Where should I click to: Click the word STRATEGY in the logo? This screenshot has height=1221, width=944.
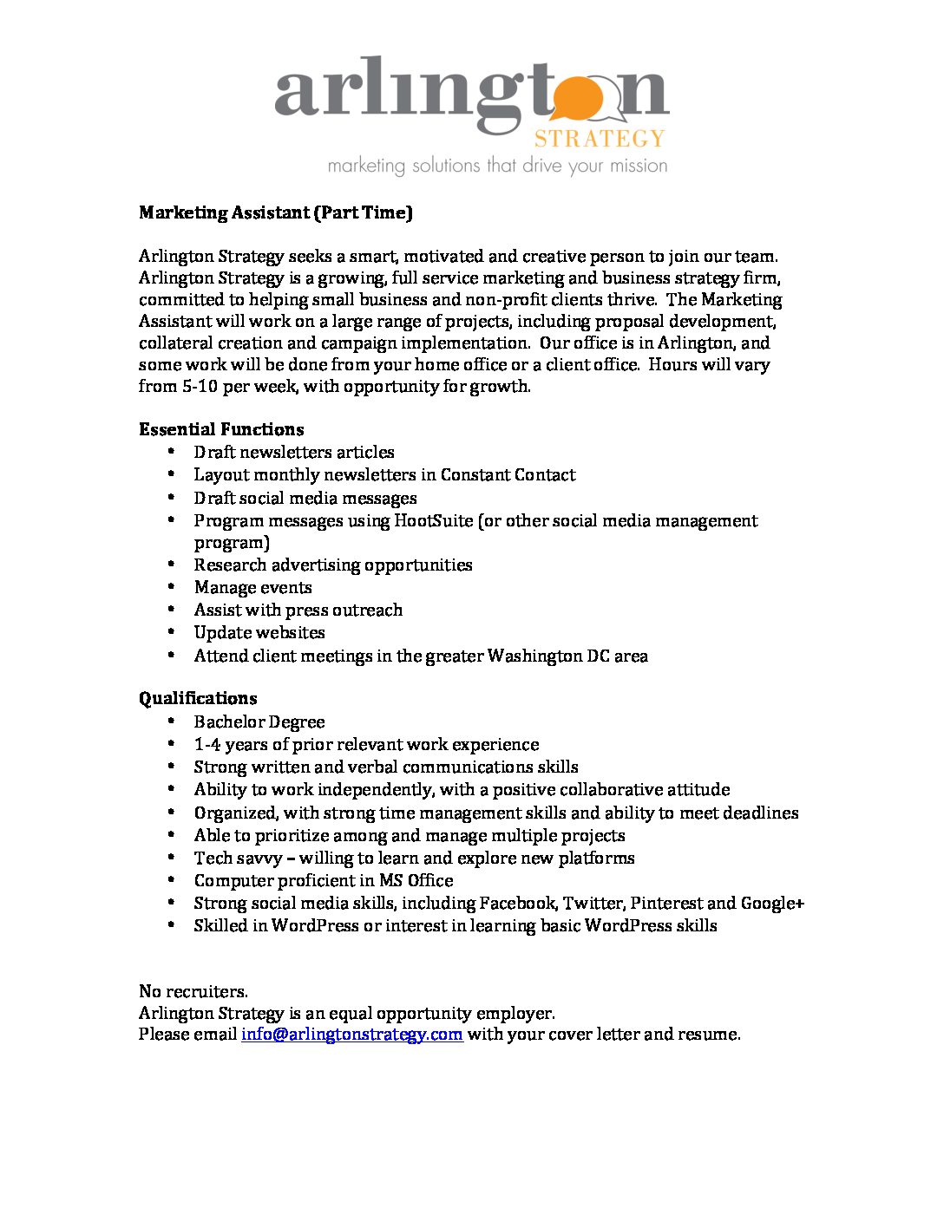tap(599, 139)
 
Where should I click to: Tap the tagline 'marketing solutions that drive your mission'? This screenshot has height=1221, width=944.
tap(497, 165)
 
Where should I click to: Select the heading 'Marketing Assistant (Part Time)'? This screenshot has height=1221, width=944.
tap(275, 212)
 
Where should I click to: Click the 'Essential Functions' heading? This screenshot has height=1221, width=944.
tap(221, 429)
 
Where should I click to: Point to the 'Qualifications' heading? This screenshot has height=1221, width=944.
tap(198, 698)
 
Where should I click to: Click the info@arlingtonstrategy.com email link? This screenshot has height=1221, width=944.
tap(351, 1034)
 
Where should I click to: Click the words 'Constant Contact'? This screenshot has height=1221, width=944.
tap(508, 474)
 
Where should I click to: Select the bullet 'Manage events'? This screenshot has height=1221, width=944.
tap(252, 587)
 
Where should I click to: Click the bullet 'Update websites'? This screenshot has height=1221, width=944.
tap(259, 632)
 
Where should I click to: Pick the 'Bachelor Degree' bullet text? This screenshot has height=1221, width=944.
tap(259, 721)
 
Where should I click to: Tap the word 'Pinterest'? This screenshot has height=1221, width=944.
tap(665, 903)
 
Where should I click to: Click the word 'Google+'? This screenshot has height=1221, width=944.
tap(772, 903)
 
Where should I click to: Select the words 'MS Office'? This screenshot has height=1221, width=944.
tap(416, 880)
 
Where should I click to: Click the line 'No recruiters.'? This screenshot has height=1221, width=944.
tap(193, 991)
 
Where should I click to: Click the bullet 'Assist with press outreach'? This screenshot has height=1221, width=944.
tap(298, 610)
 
